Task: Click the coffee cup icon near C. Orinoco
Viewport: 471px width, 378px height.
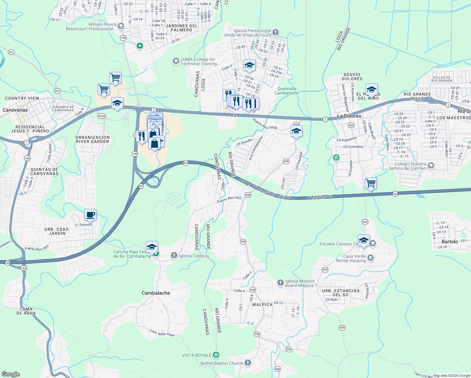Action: pyautogui.click(x=90, y=215)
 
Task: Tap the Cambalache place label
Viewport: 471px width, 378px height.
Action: pyautogui.click(x=156, y=293)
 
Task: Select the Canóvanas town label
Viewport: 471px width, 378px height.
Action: pyautogui.click(x=15, y=110)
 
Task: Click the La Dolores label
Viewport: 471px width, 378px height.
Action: pyautogui.click(x=349, y=116)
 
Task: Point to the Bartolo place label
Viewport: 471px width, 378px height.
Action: pyautogui.click(x=450, y=242)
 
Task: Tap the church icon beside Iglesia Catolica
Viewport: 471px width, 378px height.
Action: pyautogui.click(x=174, y=255)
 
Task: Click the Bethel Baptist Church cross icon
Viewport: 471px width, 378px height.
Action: pyautogui.click(x=248, y=363)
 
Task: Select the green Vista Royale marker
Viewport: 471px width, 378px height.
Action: pyautogui.click(x=216, y=355)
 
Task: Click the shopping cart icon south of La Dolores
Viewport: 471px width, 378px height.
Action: pyautogui.click(x=371, y=183)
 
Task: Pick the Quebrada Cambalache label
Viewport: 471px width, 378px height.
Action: pyautogui.click(x=287, y=91)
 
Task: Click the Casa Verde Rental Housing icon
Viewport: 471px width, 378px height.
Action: pyautogui.click(x=371, y=258)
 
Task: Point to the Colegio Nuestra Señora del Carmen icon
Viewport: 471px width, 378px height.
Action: pyautogui.click(x=431, y=166)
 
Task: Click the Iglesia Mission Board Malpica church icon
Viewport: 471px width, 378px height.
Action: pyautogui.click(x=281, y=283)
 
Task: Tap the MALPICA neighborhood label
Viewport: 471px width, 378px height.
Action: pyautogui.click(x=262, y=305)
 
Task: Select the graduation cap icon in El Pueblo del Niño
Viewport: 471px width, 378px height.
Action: pyautogui.click(x=372, y=89)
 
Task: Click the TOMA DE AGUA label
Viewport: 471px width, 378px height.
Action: pyautogui.click(x=26, y=311)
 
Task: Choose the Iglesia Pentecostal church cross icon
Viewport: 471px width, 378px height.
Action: pyautogui.click(x=275, y=32)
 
